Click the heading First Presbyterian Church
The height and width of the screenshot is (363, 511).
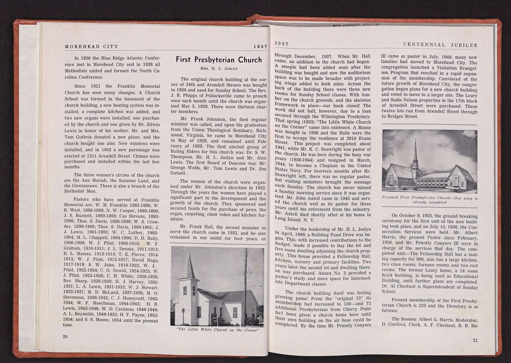[219, 60]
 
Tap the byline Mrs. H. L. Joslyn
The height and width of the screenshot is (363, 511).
[218, 68]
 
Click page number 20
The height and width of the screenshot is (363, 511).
[65, 336]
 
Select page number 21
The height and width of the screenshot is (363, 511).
[475, 340]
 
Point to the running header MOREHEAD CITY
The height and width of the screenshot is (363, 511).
[91, 46]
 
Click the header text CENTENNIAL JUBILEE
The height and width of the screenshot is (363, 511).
[440, 45]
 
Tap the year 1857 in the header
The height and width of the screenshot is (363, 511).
[260, 47]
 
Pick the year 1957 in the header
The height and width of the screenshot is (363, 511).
[282, 44]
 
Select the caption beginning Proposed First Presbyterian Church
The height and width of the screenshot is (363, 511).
[430, 200]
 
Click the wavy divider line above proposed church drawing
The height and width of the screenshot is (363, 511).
[429, 124]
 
